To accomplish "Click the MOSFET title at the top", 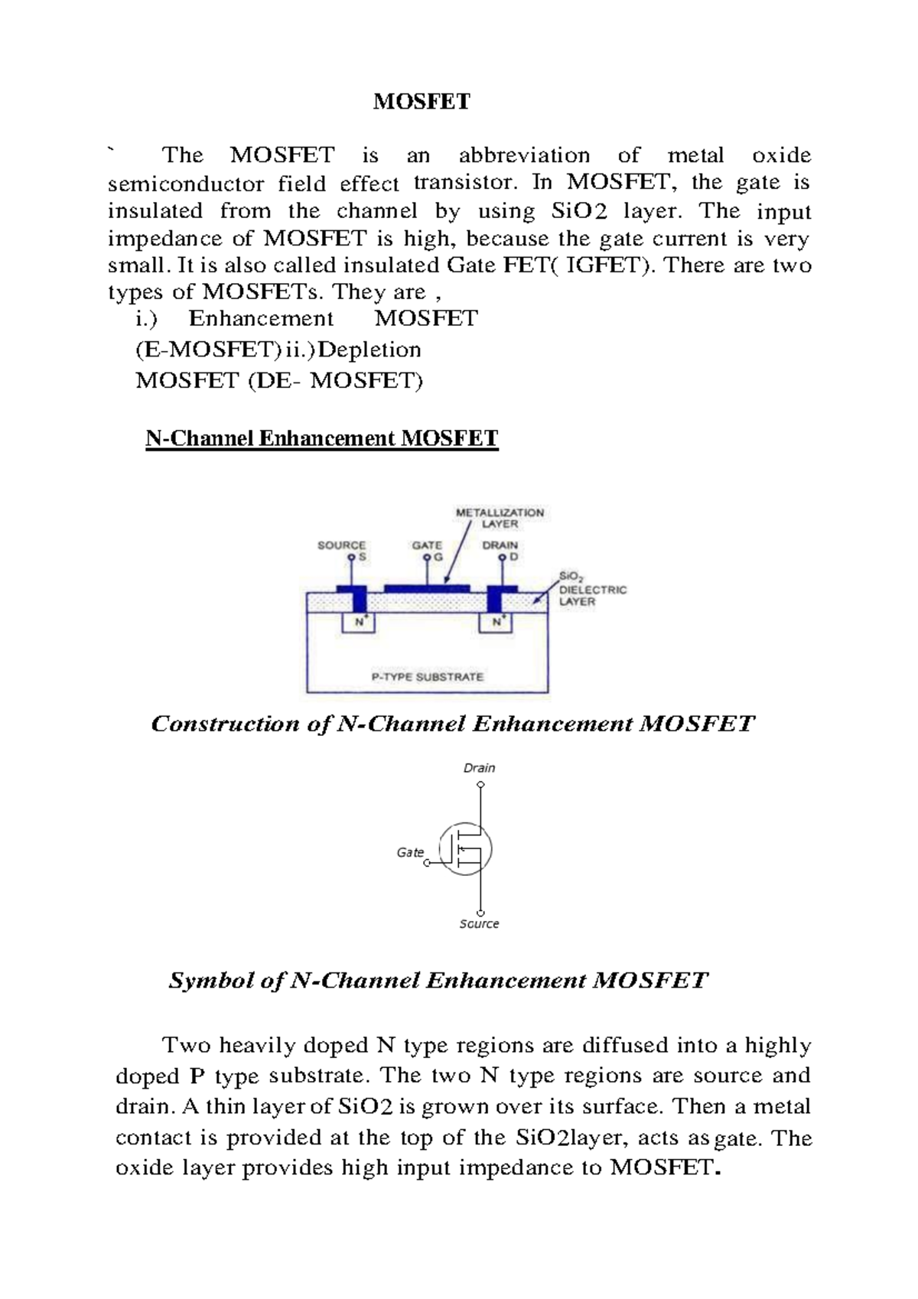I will pyautogui.click(x=422, y=102).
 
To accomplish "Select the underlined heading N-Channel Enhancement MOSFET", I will pyautogui.click(x=322, y=438).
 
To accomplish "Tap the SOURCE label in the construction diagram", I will pyautogui.click(x=341, y=545).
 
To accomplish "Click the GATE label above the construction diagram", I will pyautogui.click(x=427, y=545).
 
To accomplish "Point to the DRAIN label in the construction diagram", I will pyautogui.click(x=500, y=545).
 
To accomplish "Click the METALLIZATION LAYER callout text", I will pyautogui.click(x=500, y=518).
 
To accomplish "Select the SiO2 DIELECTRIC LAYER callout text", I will pyautogui.click(x=592, y=590).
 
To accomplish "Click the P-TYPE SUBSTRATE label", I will pyautogui.click(x=427, y=676).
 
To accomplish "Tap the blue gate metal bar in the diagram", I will pyautogui.click(x=427, y=588).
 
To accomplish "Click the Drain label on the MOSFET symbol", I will pyautogui.click(x=480, y=768).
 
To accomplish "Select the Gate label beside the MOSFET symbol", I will pyautogui.click(x=410, y=852).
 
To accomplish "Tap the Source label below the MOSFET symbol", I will pyautogui.click(x=479, y=924).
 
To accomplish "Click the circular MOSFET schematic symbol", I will pyautogui.click(x=465, y=848).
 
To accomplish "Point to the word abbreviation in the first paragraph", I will pyautogui.click(x=524, y=156).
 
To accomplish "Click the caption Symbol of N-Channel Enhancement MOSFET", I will pyautogui.click(x=438, y=981).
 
